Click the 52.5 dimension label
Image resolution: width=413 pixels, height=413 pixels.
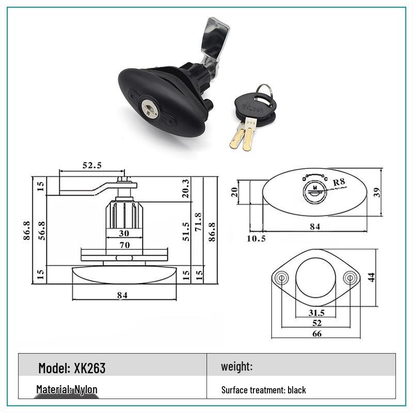point(92,165)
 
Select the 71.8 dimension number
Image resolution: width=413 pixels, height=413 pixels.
point(198,223)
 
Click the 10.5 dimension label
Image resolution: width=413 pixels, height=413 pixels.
point(256,238)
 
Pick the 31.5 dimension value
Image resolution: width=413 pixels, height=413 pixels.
point(316,312)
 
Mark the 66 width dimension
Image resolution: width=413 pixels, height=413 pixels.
point(316,333)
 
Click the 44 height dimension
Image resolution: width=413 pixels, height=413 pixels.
point(371,277)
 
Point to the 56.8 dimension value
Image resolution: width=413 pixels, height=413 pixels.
point(42,231)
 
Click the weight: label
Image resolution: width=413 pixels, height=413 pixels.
point(236,367)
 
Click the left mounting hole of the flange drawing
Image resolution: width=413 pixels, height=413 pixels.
point(282,278)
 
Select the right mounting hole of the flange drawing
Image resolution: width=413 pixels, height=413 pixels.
point(350,278)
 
